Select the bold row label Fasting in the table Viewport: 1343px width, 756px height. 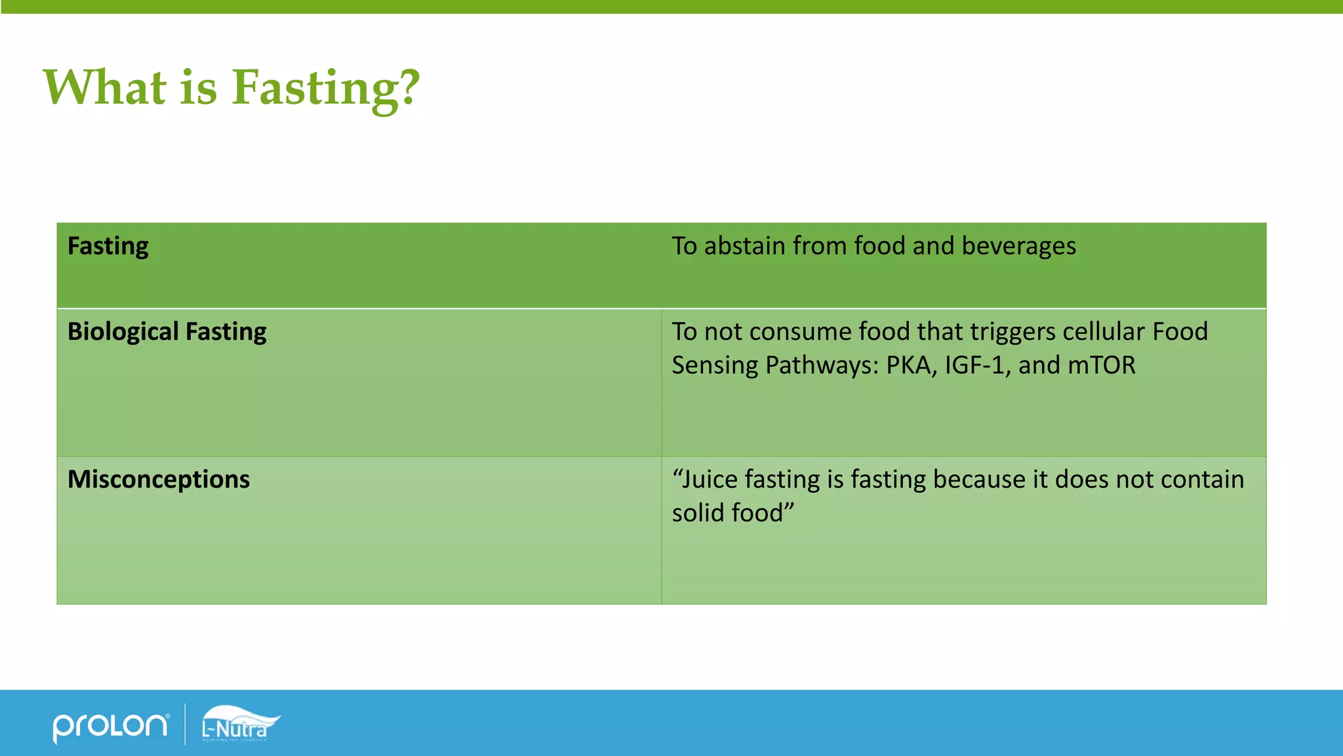108,247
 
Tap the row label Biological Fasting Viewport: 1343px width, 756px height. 167,332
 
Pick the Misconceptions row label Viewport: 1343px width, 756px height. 159,480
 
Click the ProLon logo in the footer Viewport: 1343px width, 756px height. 111,726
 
